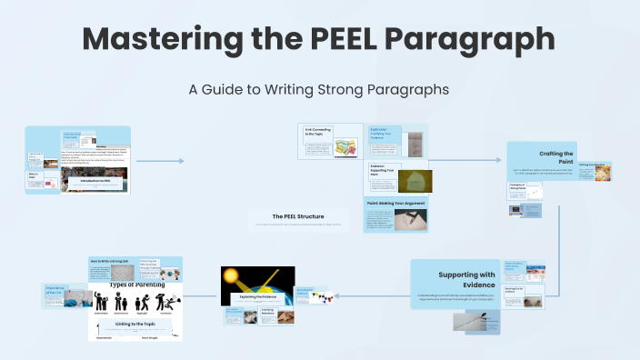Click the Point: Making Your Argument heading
pyautogui.click(x=395, y=204)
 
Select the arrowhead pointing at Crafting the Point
pyautogui.click(x=498, y=160)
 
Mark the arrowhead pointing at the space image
pyautogui.click(x=300, y=295)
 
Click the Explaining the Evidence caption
pyautogui.click(x=258, y=296)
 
